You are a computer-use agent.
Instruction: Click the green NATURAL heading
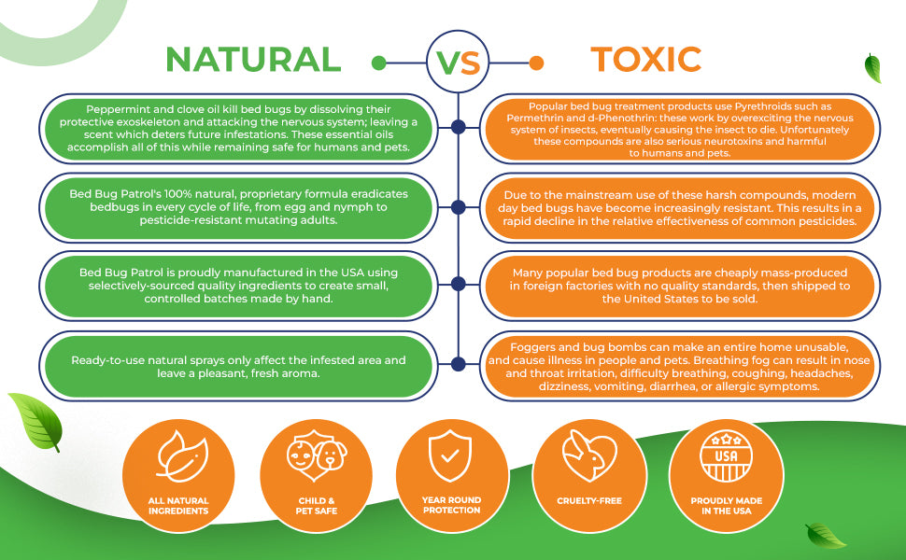(x=253, y=60)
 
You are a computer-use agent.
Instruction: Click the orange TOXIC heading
(x=646, y=60)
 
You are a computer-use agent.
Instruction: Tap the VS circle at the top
(x=458, y=62)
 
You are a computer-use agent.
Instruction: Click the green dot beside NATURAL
(x=379, y=63)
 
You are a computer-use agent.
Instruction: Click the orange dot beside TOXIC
(x=536, y=63)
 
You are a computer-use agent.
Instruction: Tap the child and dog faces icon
(x=317, y=455)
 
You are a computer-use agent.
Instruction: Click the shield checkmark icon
(x=450, y=455)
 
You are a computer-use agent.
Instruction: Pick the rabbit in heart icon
(x=589, y=455)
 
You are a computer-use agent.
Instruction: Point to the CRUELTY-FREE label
(x=589, y=501)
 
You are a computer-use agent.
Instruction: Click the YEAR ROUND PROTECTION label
(x=451, y=505)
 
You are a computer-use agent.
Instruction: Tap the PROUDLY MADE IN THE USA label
(x=727, y=506)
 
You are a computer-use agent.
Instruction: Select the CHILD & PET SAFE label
(x=316, y=506)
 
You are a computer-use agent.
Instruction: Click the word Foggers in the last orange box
(x=532, y=347)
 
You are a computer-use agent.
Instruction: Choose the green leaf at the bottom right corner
(x=825, y=535)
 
